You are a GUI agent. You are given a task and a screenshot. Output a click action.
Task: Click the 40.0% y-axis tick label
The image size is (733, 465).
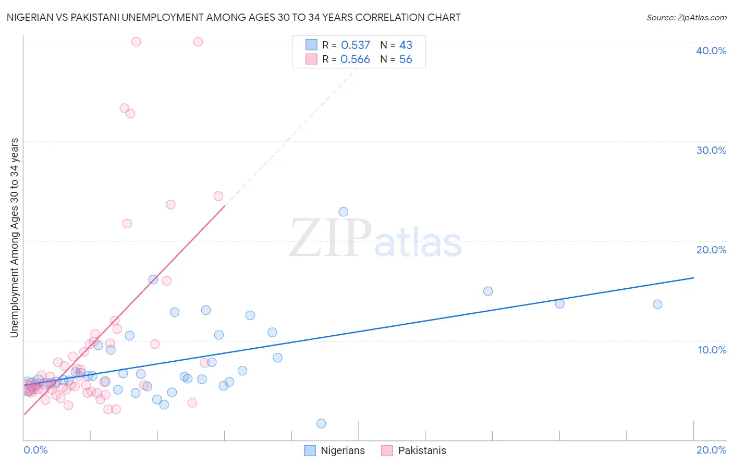711,51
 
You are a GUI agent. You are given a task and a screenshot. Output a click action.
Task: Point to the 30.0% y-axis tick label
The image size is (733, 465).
711,150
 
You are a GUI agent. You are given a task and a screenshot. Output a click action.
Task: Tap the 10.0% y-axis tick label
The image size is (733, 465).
712,350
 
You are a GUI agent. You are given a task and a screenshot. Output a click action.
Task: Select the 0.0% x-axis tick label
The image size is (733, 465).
35,450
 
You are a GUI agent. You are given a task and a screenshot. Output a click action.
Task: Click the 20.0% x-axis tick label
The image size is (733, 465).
711,450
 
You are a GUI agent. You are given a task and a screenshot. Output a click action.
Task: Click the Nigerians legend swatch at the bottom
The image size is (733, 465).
310,450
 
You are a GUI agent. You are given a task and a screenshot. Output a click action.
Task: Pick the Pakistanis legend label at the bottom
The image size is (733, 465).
422,450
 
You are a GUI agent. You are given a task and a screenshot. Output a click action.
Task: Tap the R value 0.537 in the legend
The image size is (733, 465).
356,45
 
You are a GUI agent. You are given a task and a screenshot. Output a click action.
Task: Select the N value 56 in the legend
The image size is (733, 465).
406,59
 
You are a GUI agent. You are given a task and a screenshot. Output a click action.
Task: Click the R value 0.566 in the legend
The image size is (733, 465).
355,59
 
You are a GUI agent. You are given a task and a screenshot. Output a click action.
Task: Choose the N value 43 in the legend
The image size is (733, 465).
406,45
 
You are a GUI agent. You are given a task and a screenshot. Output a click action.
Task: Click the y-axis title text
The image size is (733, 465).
15,238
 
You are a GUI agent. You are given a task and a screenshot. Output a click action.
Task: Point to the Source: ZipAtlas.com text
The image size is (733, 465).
686,18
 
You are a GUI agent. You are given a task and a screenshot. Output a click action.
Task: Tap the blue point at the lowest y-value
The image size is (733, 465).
321,423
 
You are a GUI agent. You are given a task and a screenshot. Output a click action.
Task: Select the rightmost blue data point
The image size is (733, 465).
657,304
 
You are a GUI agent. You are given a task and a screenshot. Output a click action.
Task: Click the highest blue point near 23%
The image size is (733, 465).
343,212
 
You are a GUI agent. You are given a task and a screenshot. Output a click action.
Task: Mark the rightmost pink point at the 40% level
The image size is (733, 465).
198,42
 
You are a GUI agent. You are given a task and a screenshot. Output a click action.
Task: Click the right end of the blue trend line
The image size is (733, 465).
693,278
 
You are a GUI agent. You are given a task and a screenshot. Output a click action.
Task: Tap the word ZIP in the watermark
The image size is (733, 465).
330,238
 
